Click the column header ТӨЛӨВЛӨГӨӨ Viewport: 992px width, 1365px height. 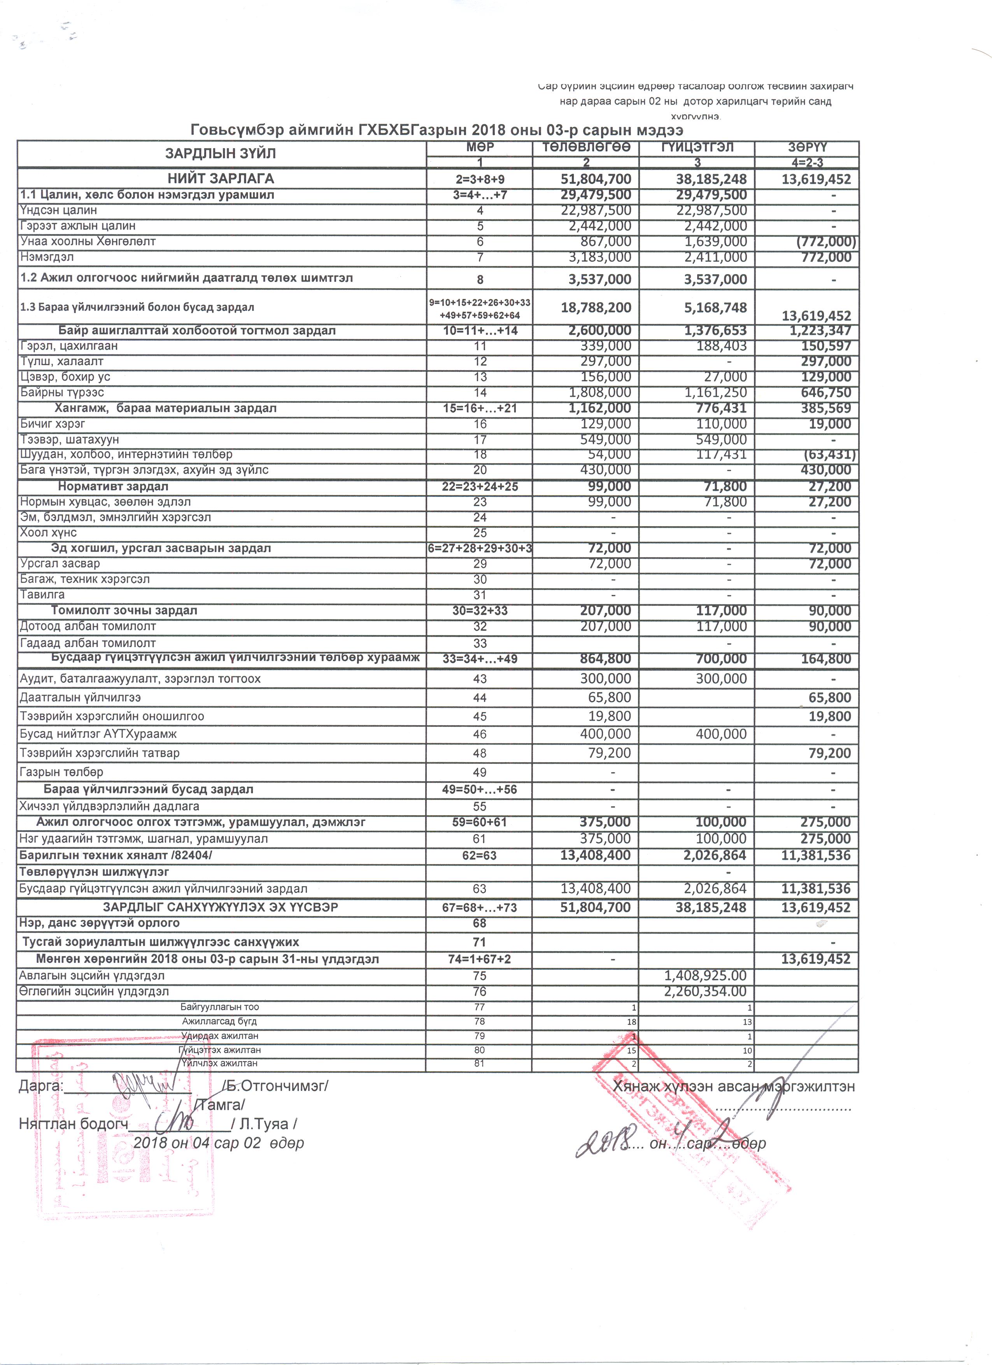[x=586, y=147]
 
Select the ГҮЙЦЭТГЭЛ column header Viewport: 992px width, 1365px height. [x=697, y=147]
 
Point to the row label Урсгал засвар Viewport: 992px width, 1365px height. [x=60, y=564]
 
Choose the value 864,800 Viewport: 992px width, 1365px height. [x=605, y=658]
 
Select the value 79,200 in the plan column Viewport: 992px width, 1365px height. [x=610, y=753]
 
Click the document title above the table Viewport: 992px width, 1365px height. [x=436, y=130]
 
